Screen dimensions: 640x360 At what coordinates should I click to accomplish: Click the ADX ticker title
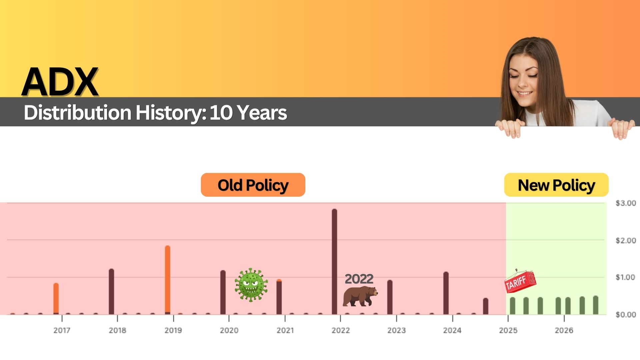pyautogui.click(x=60, y=82)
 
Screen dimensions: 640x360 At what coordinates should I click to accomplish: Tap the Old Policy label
pyautogui.click(x=253, y=185)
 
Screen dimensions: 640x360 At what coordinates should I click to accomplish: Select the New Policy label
pyautogui.click(x=556, y=185)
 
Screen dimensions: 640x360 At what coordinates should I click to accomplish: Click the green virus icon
pyautogui.click(x=251, y=285)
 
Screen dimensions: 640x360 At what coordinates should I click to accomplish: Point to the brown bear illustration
pyautogui.click(x=360, y=296)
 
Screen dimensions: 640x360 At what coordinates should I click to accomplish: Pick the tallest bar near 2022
pyautogui.click(x=334, y=262)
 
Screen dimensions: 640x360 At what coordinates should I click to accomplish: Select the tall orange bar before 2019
pyautogui.click(x=168, y=280)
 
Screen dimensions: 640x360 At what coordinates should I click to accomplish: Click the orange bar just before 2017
pyautogui.click(x=56, y=299)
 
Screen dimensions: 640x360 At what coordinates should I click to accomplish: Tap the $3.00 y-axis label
pyautogui.click(x=626, y=203)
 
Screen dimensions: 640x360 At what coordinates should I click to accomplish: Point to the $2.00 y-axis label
pyautogui.click(x=626, y=240)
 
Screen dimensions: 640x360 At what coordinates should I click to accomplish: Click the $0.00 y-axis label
pyautogui.click(x=626, y=314)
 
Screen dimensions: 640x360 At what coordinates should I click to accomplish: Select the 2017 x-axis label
pyautogui.click(x=62, y=330)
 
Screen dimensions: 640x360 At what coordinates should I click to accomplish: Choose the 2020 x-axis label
pyautogui.click(x=229, y=330)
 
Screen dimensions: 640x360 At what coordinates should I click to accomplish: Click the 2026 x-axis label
pyautogui.click(x=564, y=330)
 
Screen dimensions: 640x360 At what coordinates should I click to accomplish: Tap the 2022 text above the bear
pyautogui.click(x=359, y=279)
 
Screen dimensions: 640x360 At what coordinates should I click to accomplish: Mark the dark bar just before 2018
pyautogui.click(x=111, y=292)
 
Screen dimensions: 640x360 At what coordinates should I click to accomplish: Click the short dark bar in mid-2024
pyautogui.click(x=486, y=306)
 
